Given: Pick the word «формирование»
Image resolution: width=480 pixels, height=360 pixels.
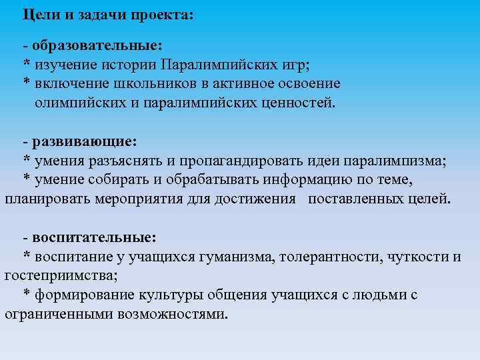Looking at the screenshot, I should (84, 295).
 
